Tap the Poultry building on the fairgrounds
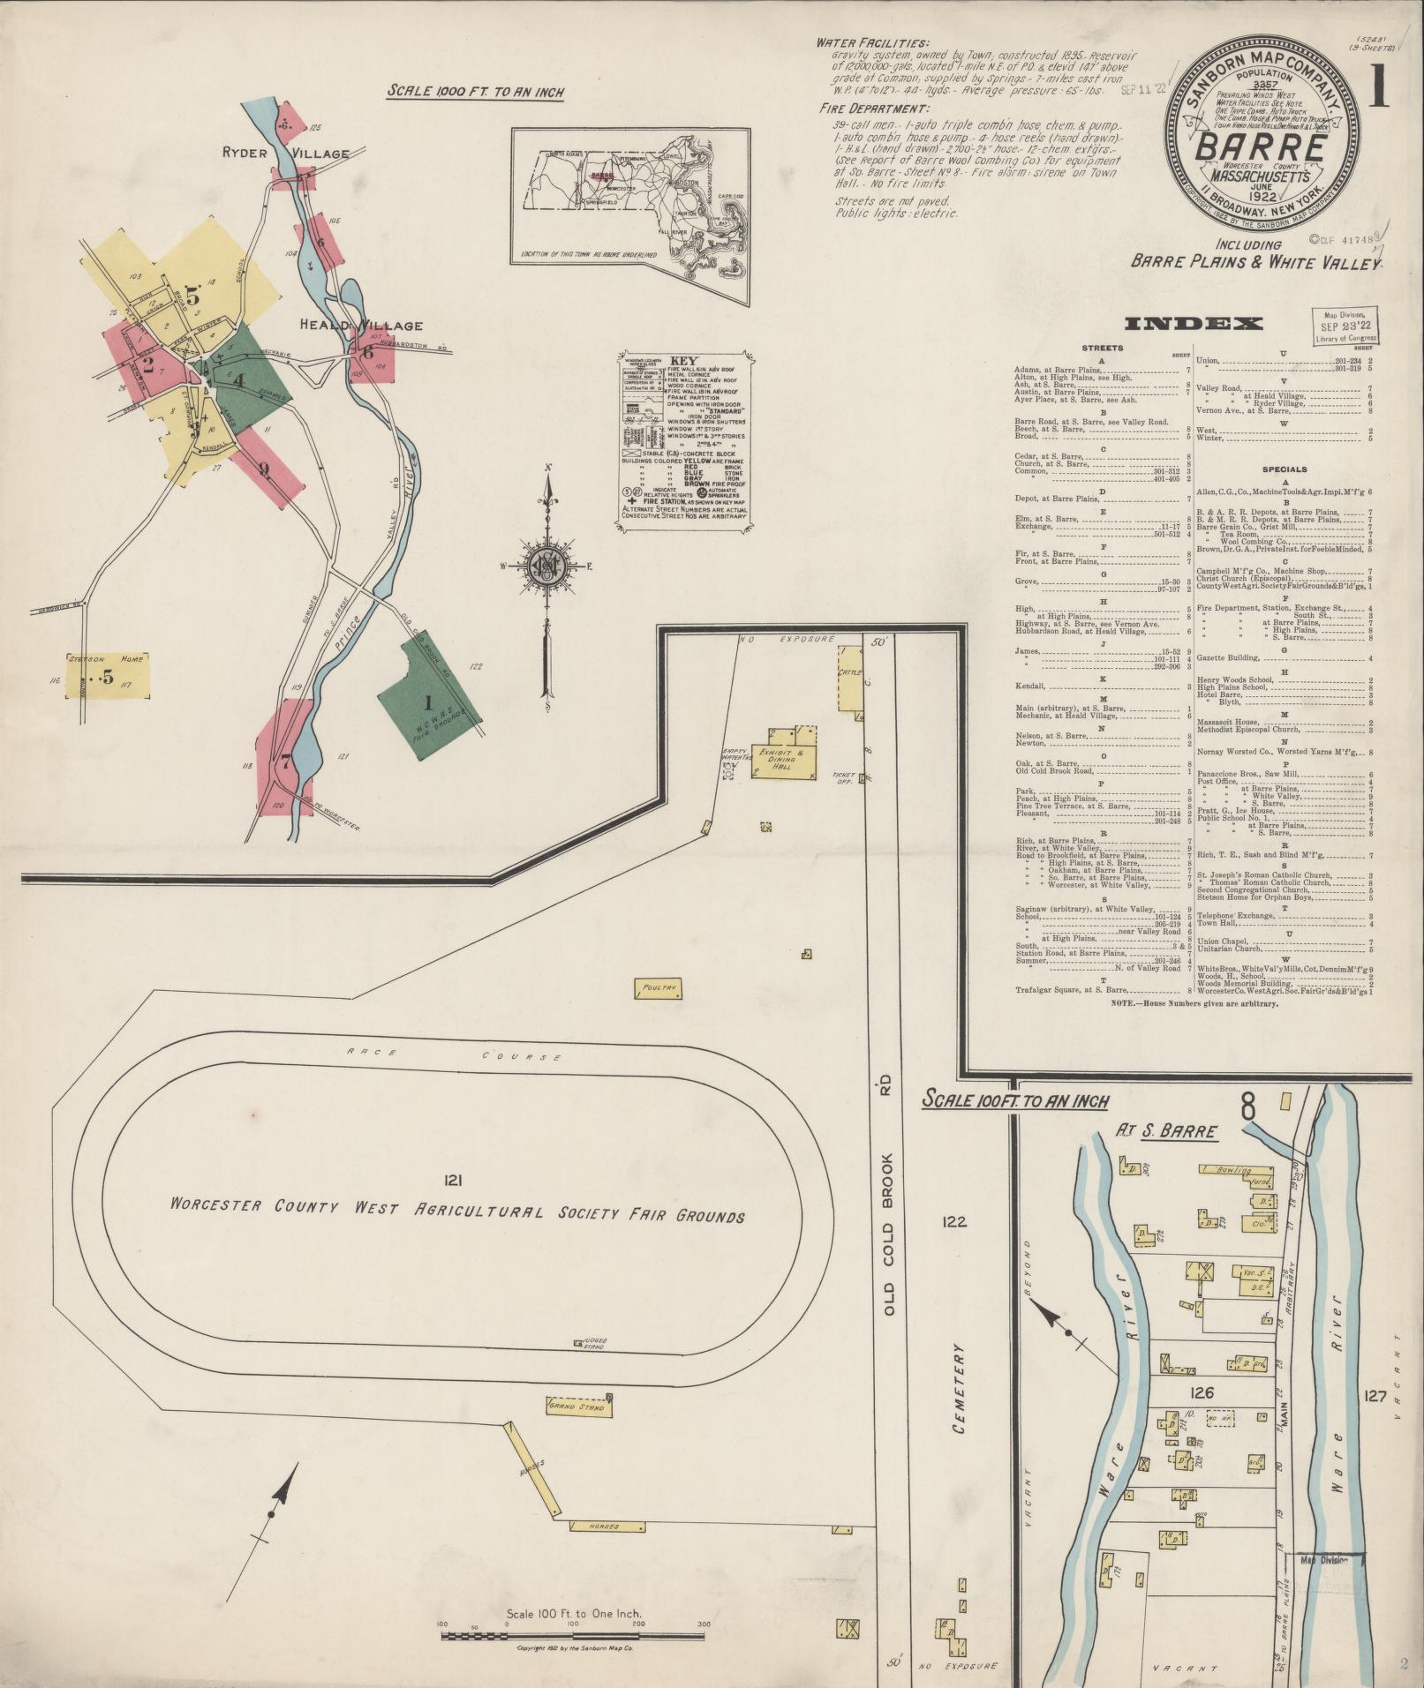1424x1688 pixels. pos(658,988)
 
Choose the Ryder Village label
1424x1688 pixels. pos(285,154)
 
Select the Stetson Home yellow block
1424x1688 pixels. pos(106,677)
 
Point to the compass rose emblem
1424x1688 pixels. pos(547,566)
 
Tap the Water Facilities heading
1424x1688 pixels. pos(871,42)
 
